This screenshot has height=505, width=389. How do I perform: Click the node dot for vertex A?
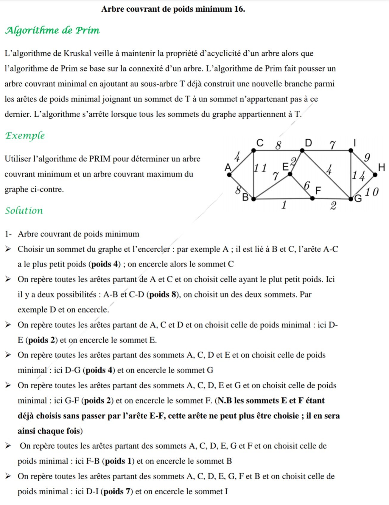(x=229, y=174)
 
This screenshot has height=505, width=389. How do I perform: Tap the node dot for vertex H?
(x=375, y=175)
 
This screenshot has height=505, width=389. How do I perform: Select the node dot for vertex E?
(x=290, y=174)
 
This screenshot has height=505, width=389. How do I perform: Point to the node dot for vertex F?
(x=312, y=198)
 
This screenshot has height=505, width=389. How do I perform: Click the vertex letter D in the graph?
(x=308, y=143)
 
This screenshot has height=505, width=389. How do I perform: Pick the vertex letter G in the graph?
(x=358, y=199)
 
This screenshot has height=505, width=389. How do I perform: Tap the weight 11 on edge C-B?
(x=260, y=168)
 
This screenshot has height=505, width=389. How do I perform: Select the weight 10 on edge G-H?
(x=372, y=192)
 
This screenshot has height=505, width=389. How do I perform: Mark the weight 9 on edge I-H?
(x=367, y=157)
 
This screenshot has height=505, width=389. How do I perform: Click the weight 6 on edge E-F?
(x=307, y=186)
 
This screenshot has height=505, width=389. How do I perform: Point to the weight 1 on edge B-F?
(x=284, y=205)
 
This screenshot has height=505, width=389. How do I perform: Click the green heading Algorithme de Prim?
(x=52, y=30)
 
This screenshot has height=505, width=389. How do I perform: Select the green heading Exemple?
(x=25, y=135)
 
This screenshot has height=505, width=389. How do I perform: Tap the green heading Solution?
(x=24, y=211)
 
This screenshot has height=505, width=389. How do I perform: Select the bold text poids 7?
(x=116, y=491)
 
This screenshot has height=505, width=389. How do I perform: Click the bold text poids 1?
(x=118, y=461)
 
